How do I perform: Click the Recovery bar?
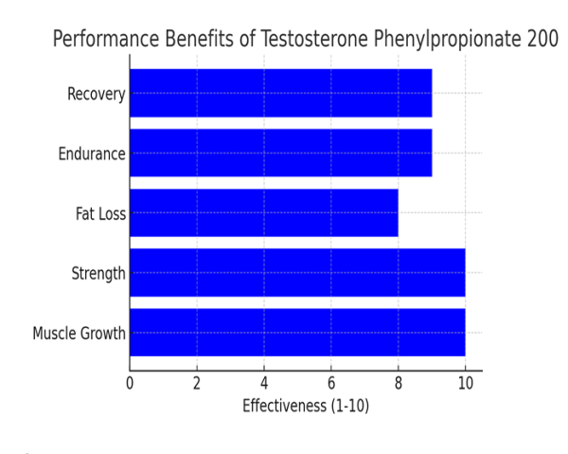click(280, 93)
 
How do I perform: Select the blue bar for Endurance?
click(280, 153)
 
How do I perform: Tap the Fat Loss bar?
click(263, 213)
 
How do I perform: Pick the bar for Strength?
click(297, 273)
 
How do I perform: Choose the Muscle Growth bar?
click(297, 333)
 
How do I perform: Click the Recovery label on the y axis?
click(96, 94)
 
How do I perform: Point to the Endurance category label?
click(92, 154)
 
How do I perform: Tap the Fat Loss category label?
click(100, 213)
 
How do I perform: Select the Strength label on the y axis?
click(98, 274)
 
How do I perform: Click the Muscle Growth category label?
click(80, 334)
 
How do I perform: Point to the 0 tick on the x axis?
click(130, 384)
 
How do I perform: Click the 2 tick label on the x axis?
click(197, 384)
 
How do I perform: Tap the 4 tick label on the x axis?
click(264, 384)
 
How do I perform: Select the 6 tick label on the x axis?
click(331, 384)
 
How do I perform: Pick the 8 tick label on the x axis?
click(399, 384)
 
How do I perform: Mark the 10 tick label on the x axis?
click(465, 384)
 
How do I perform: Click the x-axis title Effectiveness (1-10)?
click(306, 407)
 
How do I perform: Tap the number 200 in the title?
click(541, 40)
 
